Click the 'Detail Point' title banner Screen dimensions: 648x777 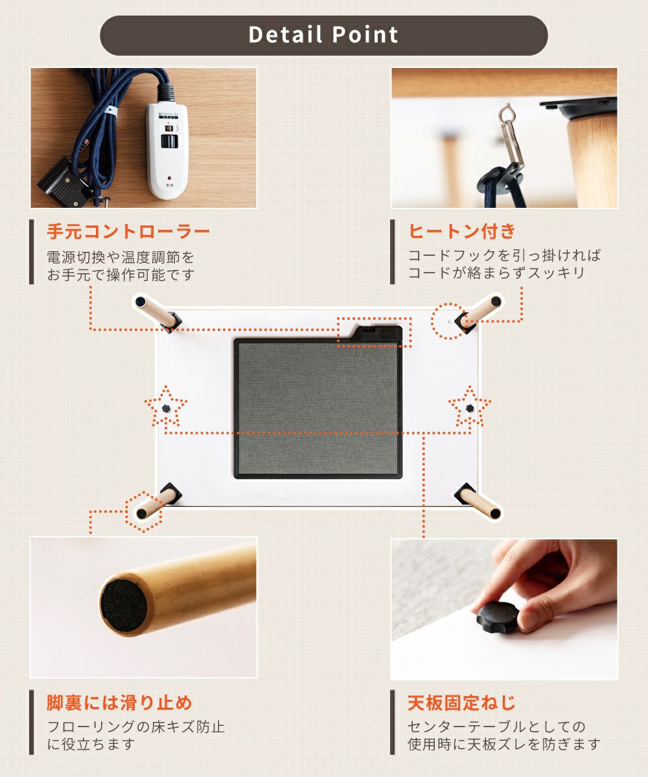pos(323,36)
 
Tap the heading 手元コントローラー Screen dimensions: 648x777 pos(128,231)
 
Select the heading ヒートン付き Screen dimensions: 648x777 pos(462,231)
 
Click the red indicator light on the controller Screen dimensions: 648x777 pos(169,178)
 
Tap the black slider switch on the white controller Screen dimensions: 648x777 pos(169,142)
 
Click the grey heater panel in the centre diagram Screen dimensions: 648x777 pos(318,409)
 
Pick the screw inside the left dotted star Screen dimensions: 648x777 pos(166,408)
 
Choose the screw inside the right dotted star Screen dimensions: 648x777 pos(470,408)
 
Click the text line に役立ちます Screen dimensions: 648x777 pos(91,744)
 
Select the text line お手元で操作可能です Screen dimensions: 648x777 pos(121,275)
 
